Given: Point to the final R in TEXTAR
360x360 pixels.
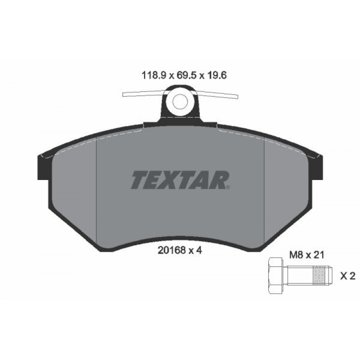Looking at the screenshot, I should [x=219, y=180].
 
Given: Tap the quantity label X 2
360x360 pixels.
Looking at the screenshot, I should [x=347, y=276].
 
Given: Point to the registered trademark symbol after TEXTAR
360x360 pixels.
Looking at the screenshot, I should [x=228, y=187].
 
